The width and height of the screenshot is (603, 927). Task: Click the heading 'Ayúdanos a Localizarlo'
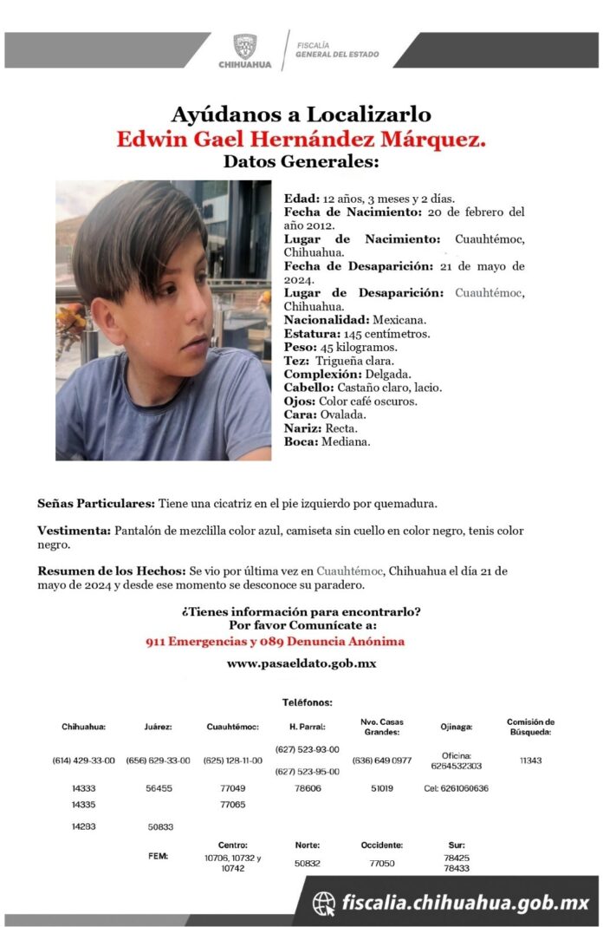coord(301,114)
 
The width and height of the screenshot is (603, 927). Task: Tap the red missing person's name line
coord(301,139)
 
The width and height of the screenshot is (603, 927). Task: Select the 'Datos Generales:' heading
coord(301,162)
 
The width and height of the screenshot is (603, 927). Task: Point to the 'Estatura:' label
coord(309,334)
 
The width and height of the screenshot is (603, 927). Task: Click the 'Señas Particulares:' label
coord(95,503)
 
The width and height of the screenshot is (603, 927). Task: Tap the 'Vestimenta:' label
coord(74,531)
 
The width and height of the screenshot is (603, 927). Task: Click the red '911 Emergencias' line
coord(276,642)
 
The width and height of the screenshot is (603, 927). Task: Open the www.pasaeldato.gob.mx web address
coord(301,664)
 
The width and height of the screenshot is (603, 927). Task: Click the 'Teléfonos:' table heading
coord(307,702)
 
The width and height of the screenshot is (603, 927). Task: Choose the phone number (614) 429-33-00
coord(83,761)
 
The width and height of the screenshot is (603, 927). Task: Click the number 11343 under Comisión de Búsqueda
coord(530,761)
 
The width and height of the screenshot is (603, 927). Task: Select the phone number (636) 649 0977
coord(381,761)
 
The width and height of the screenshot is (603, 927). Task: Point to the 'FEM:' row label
coord(158,856)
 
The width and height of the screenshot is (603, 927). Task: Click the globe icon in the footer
coord(324,904)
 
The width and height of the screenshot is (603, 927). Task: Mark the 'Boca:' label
coord(301,441)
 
